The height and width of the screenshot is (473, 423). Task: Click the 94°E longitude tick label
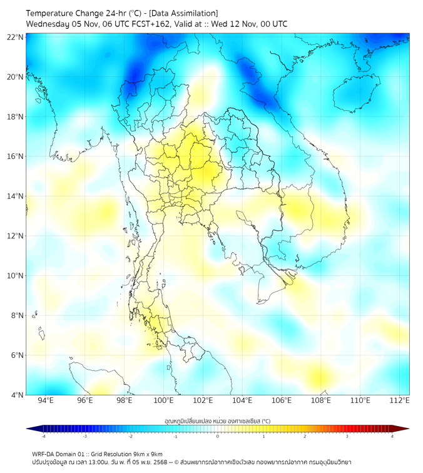[x=46, y=401]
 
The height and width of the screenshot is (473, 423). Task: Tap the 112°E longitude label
[x=399, y=401]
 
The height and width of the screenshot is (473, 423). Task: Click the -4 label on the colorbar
[x=43, y=436]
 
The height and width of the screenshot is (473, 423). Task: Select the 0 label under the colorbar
[x=218, y=436]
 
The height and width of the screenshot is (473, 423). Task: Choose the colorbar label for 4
[x=392, y=436]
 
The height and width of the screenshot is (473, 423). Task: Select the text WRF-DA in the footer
[x=45, y=454]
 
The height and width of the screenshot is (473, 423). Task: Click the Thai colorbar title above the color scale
[x=217, y=420]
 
